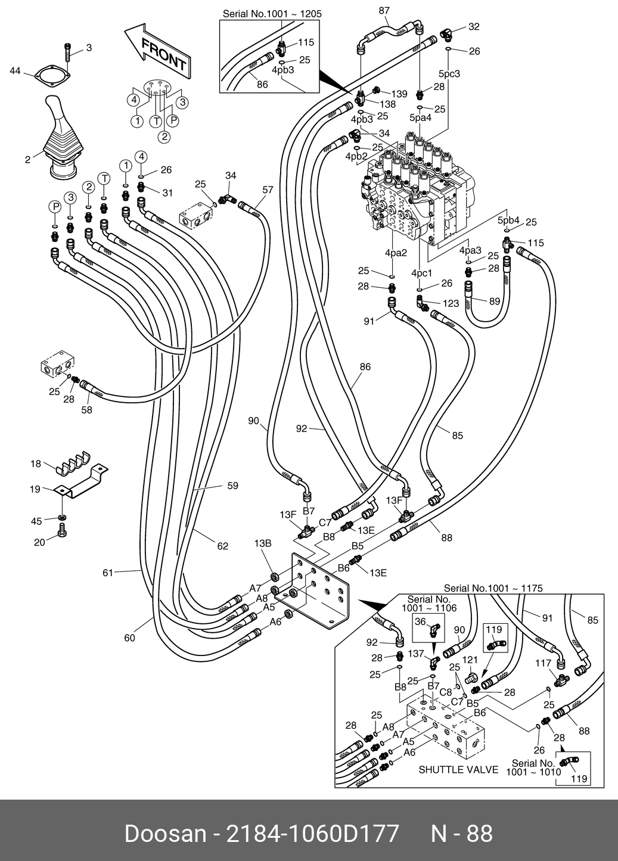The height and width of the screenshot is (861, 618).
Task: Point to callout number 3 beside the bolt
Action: (x=89, y=48)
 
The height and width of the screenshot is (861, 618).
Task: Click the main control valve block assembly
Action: (x=417, y=191)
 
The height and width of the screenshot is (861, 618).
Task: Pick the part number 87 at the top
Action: (x=384, y=10)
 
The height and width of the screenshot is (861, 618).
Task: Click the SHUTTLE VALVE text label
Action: (x=458, y=769)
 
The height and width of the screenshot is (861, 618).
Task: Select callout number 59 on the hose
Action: (x=232, y=486)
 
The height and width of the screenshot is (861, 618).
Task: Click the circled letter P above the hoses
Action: (x=55, y=207)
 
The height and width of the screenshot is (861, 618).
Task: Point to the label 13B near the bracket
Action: (x=263, y=543)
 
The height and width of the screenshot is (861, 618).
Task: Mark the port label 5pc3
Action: (x=449, y=74)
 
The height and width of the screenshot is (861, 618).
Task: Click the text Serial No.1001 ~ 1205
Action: (x=272, y=13)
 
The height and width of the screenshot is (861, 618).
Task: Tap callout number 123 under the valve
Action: (x=451, y=303)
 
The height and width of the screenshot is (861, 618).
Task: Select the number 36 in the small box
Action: (x=420, y=621)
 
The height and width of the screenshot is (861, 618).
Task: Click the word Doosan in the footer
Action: (x=162, y=833)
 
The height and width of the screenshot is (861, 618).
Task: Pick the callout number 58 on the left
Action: (x=87, y=410)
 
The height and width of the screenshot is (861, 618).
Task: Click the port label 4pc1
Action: (x=421, y=273)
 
